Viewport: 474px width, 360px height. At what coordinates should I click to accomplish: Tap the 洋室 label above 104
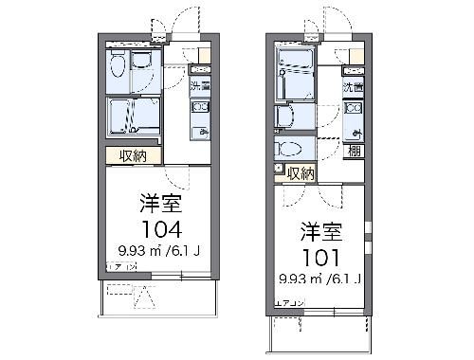[x=156, y=204]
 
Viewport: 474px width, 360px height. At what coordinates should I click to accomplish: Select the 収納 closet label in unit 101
[x=301, y=172]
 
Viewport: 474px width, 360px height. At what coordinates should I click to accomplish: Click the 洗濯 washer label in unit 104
[x=199, y=88]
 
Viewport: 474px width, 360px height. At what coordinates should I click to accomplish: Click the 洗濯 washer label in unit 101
[x=353, y=87]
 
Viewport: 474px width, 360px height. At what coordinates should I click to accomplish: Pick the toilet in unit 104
[x=116, y=66]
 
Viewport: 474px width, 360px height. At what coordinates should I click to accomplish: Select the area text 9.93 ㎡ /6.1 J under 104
[x=156, y=251]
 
